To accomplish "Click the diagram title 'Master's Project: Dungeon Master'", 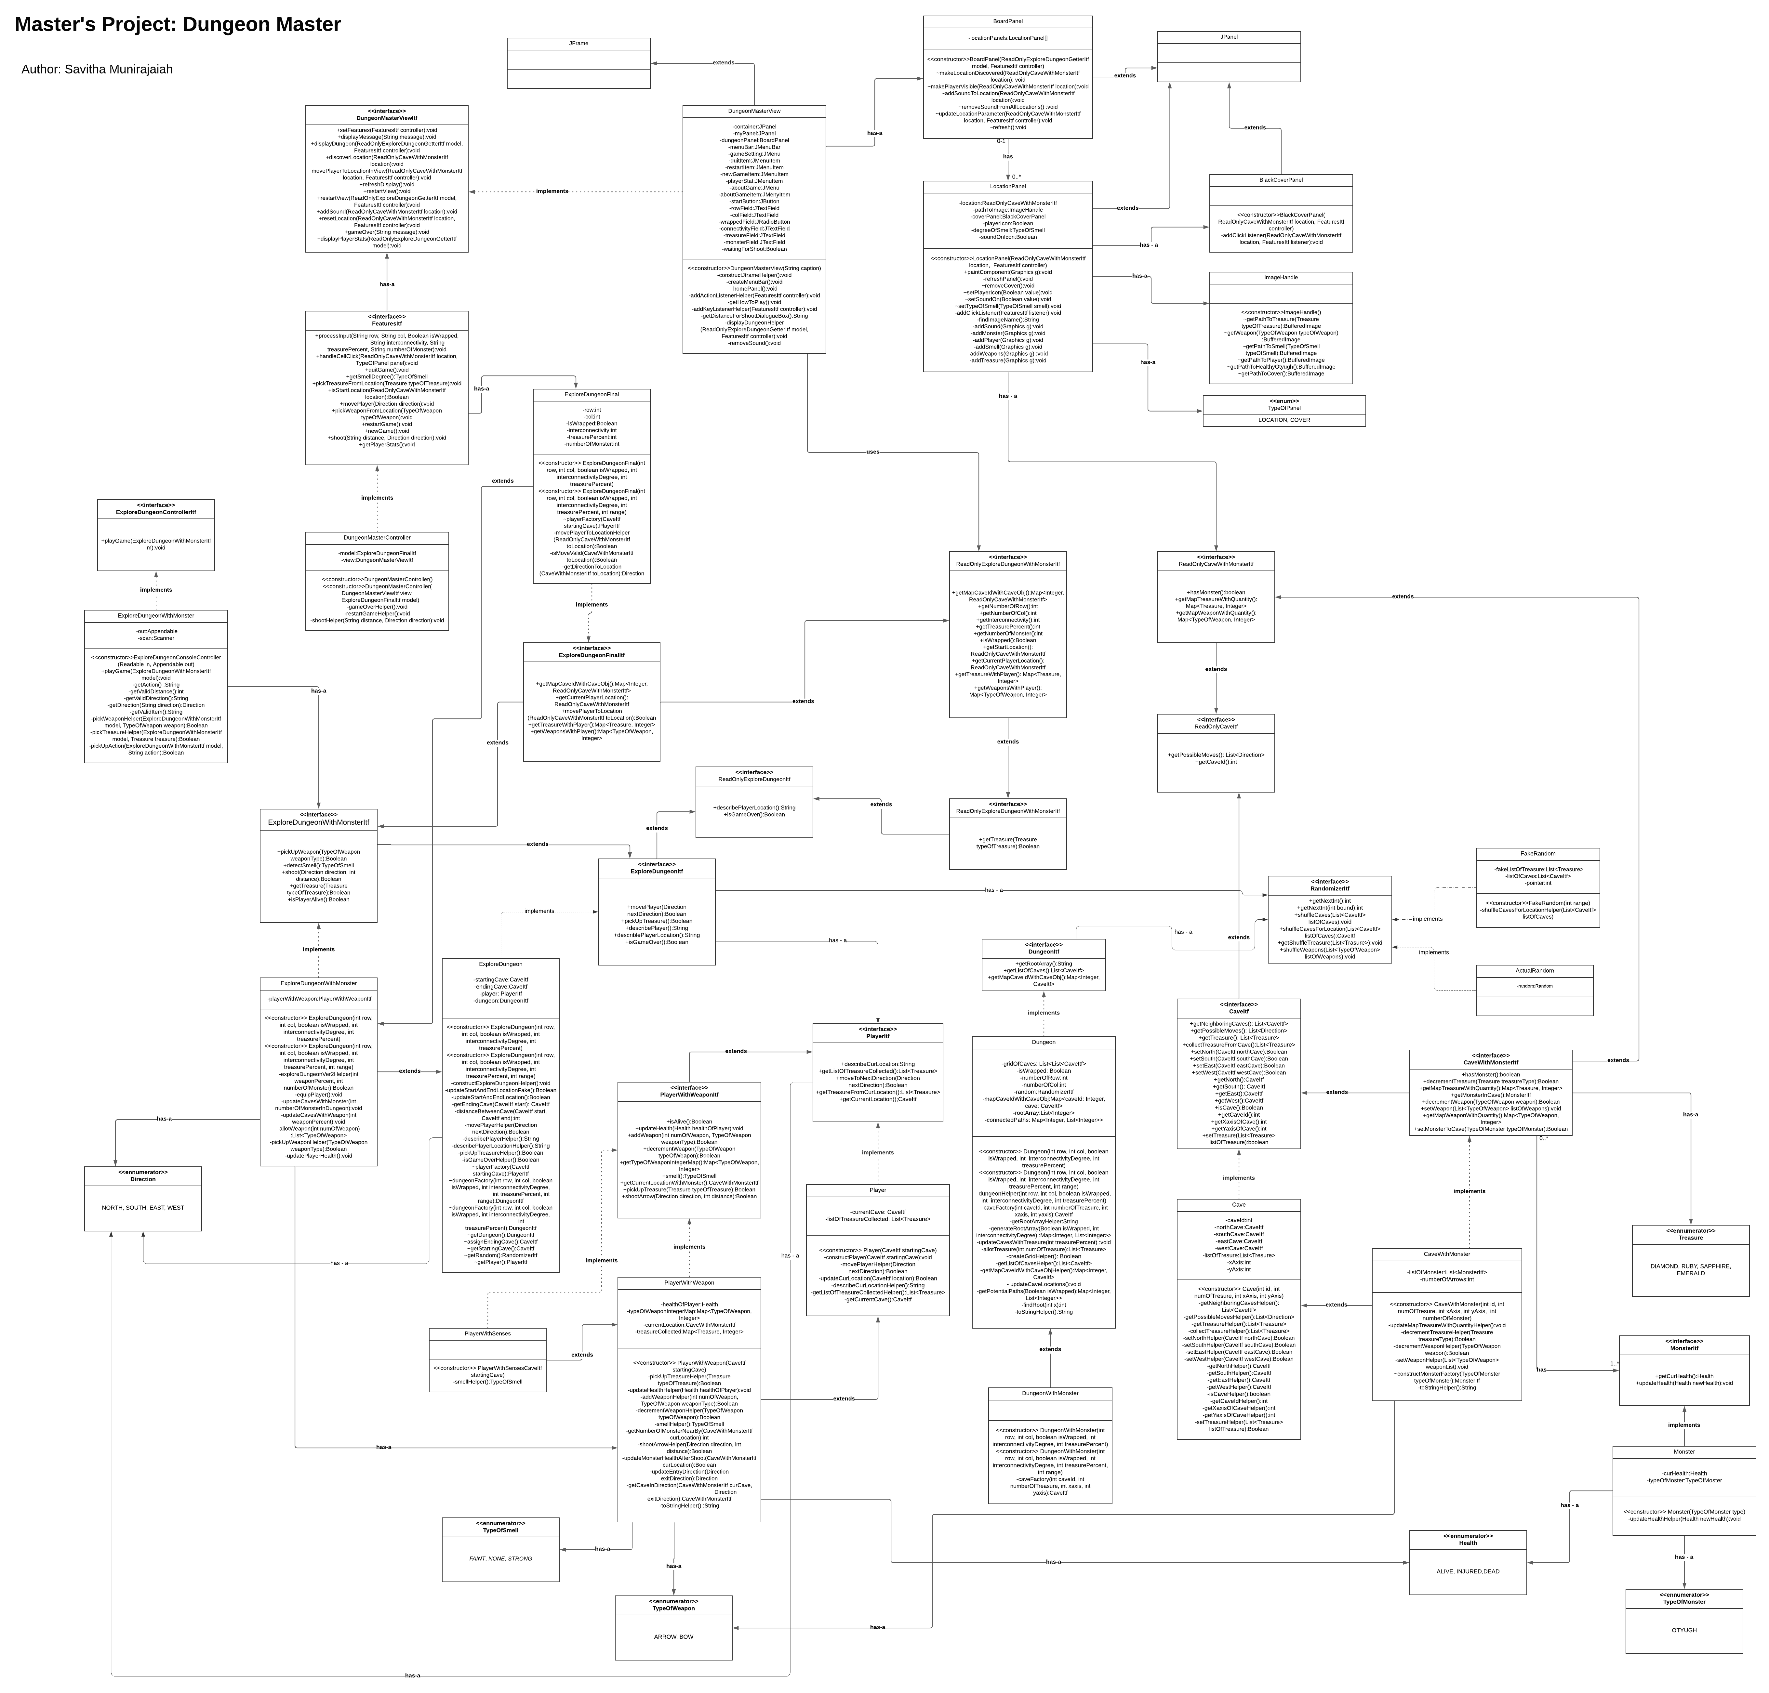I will click(178, 24).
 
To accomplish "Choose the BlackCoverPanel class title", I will click(1281, 180).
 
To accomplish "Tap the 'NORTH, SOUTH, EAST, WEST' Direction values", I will click(143, 1207).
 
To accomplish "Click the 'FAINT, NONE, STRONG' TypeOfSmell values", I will click(500, 1558).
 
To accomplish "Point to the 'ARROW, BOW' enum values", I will click(673, 1636).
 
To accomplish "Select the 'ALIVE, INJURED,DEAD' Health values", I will click(1468, 1571).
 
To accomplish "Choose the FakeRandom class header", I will click(1537, 854).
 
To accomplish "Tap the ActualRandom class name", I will click(1534, 971).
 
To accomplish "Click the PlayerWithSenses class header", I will click(487, 1334).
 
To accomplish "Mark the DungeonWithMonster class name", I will click(1050, 1393).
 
